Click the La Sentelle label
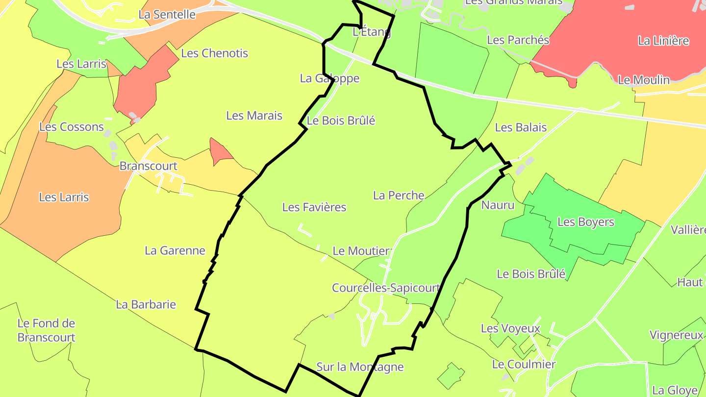[167, 15]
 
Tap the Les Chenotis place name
[215, 53]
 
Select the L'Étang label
[372, 32]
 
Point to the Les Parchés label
[518, 40]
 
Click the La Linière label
[663, 41]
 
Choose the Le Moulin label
[643, 80]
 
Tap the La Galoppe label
[329, 78]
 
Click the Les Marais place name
[254, 116]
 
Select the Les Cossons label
[72, 127]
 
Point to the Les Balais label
[521, 128]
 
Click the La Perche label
[399, 196]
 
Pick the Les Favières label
[314, 207]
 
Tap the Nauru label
[498, 205]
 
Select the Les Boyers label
[585, 222]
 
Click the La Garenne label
[175, 251]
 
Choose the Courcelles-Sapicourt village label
[385, 288]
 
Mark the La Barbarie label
[146, 304]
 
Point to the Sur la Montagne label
[360, 367]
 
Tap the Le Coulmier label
[524, 365]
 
